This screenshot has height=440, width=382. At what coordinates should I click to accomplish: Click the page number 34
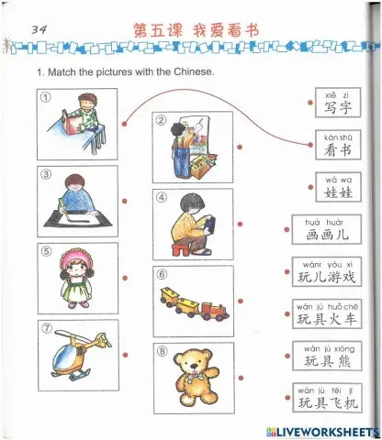(39, 30)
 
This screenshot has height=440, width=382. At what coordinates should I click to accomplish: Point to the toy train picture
(194, 303)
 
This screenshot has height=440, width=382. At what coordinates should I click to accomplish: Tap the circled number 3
(44, 174)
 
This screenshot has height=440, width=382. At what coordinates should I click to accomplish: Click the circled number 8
(161, 349)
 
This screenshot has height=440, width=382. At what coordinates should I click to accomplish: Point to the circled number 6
(161, 273)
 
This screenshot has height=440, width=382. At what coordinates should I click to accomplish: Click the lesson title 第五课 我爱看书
(196, 30)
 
